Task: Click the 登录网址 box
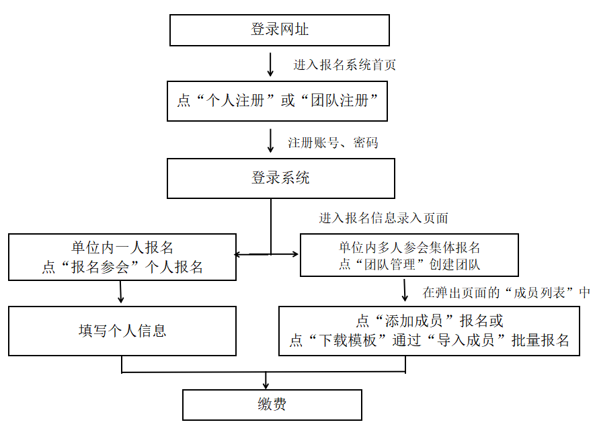(x=280, y=30)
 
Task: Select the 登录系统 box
(x=281, y=178)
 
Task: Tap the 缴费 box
(x=272, y=405)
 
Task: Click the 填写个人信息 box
(x=122, y=331)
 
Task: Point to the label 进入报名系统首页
(x=344, y=65)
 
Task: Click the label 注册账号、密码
(x=333, y=143)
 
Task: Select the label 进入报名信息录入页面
(x=384, y=218)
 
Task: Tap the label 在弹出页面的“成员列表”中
(x=506, y=292)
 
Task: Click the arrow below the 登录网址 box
(x=270, y=65)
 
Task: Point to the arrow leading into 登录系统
(x=270, y=140)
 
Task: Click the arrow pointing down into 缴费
(x=266, y=380)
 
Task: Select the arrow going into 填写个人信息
(x=120, y=292)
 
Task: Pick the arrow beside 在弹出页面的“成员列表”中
(x=405, y=290)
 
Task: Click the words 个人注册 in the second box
(x=235, y=101)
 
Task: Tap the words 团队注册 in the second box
(x=340, y=101)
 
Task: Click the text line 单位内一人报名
(x=122, y=248)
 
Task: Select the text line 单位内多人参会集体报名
(x=409, y=248)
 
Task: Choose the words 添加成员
(x=413, y=321)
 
